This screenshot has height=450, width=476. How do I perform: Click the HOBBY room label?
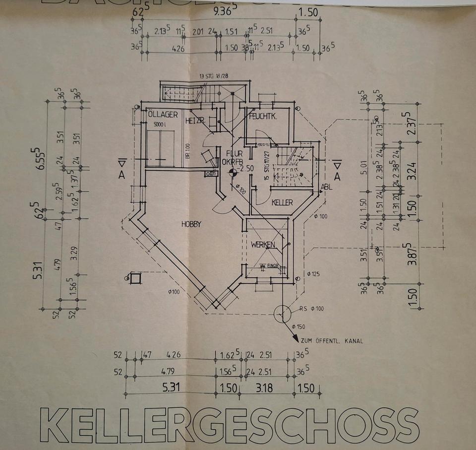[191, 224]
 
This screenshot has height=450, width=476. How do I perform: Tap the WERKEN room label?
[263, 245]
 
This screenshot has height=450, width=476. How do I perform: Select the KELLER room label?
[282, 203]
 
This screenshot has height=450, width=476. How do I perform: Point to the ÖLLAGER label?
[163, 115]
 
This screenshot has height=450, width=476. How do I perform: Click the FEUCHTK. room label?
[263, 117]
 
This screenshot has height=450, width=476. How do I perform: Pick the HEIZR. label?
[195, 121]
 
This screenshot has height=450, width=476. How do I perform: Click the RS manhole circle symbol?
[282, 314]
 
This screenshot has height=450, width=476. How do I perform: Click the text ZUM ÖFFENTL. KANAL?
[332, 341]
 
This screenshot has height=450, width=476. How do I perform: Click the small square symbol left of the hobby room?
[135, 278]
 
